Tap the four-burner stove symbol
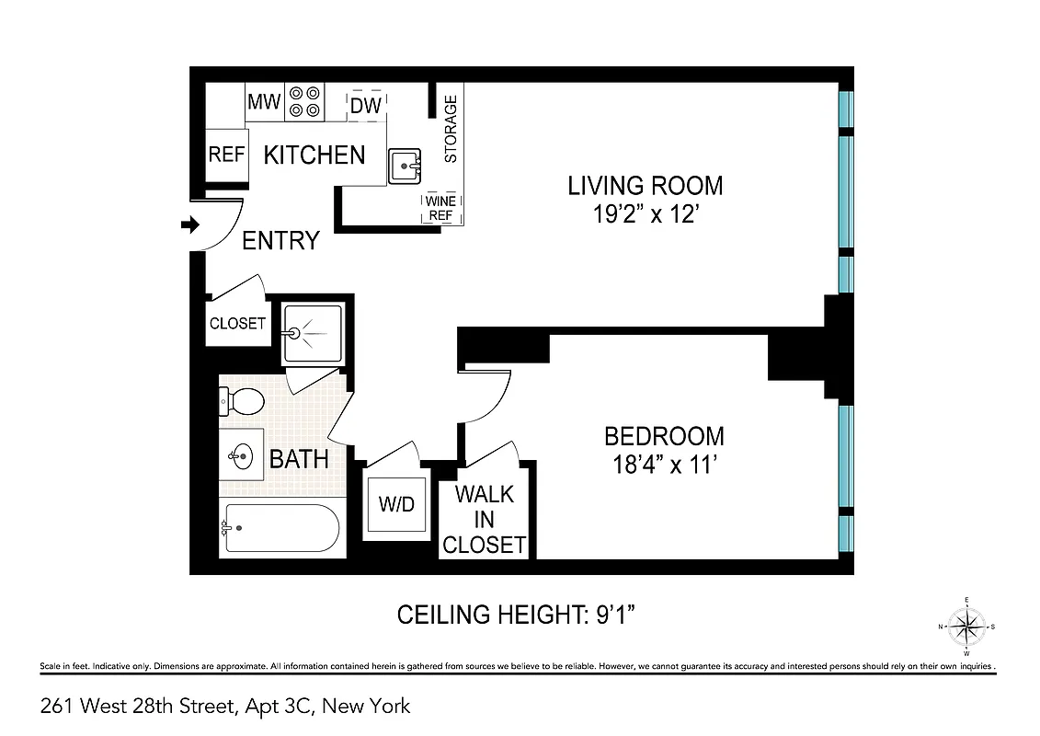tap(304, 101)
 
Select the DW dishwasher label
tap(366, 105)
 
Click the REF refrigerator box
tap(226, 155)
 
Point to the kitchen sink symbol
tap(404, 167)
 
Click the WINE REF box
tap(440, 209)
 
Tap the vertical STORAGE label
tap(451, 129)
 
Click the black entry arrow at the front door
tap(191, 224)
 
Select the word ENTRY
tap(280, 241)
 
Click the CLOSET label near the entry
tap(237, 324)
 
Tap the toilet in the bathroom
tap(241, 400)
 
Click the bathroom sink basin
tap(241, 454)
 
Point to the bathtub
tap(280, 528)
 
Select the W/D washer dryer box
tap(397, 505)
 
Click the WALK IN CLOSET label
tap(484, 520)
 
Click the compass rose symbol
tap(966, 627)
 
